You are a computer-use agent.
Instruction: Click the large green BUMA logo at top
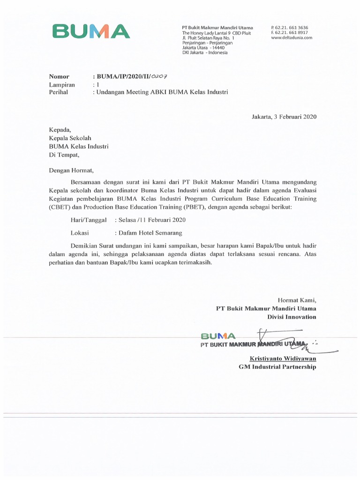91,31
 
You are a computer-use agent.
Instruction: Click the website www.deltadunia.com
292,38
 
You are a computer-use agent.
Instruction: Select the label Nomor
59,76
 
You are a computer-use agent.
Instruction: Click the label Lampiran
62,84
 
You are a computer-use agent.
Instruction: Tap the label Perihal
59,92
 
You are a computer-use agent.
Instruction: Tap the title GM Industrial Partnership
277,367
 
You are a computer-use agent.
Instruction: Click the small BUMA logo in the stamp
218,336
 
